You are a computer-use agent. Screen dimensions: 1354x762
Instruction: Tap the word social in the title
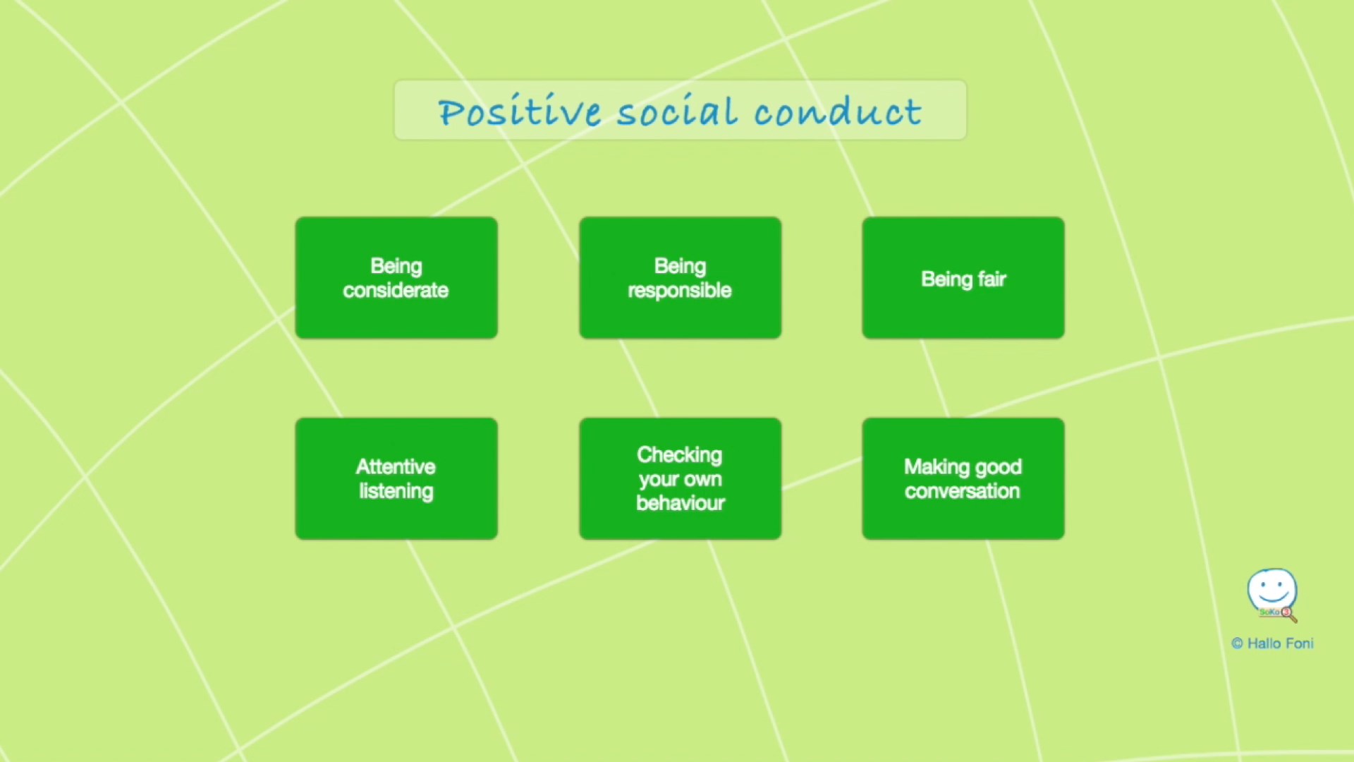point(677,111)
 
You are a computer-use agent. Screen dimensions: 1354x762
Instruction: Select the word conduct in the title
point(838,111)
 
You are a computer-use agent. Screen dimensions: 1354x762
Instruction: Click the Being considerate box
point(396,278)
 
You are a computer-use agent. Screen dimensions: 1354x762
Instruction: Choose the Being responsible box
point(680,278)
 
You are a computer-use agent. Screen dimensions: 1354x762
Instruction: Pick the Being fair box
point(963,278)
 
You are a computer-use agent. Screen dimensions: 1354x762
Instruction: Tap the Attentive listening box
point(396,478)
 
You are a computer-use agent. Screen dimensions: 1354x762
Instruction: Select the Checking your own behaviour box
point(680,478)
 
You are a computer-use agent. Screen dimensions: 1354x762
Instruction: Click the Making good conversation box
point(963,478)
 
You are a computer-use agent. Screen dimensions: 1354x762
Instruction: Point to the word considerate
point(396,290)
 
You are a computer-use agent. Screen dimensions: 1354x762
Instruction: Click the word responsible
point(680,291)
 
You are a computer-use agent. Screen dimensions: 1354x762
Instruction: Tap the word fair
point(992,279)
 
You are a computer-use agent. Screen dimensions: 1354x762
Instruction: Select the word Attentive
point(396,466)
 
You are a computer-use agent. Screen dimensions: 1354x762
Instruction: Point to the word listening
point(396,491)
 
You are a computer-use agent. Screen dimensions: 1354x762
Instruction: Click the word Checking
point(680,455)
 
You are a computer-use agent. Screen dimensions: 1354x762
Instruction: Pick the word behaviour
point(681,502)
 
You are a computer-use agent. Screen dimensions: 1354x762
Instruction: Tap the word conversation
point(963,491)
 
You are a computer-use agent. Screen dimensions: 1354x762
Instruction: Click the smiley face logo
point(1272,595)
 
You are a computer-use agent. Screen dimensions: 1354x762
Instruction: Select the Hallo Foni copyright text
point(1273,643)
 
